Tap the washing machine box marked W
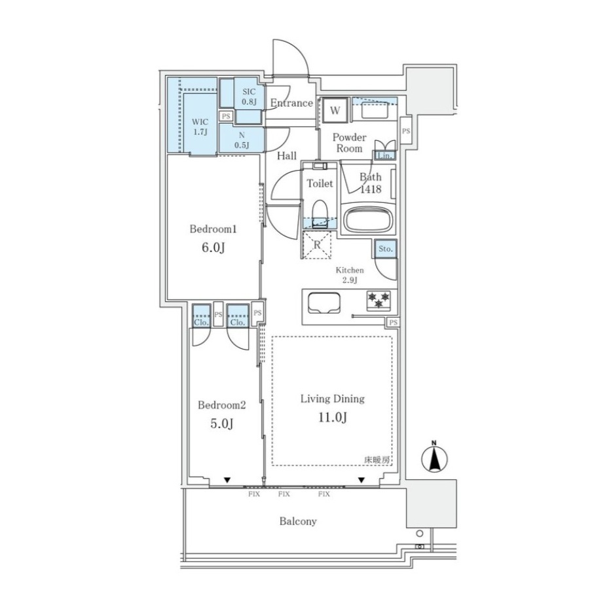(x=335, y=110)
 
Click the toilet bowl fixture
(x=320, y=212)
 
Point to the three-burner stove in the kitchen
(x=378, y=300)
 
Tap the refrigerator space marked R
(x=318, y=245)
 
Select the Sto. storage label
(x=386, y=249)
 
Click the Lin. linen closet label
(x=385, y=156)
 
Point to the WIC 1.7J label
(x=200, y=127)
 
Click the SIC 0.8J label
(x=249, y=97)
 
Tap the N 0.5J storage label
(x=242, y=141)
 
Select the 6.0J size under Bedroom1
(x=213, y=247)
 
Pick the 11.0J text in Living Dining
(x=333, y=418)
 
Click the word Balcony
(x=298, y=521)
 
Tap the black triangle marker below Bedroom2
(x=227, y=481)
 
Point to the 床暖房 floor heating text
(x=377, y=460)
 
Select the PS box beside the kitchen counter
(x=393, y=322)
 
